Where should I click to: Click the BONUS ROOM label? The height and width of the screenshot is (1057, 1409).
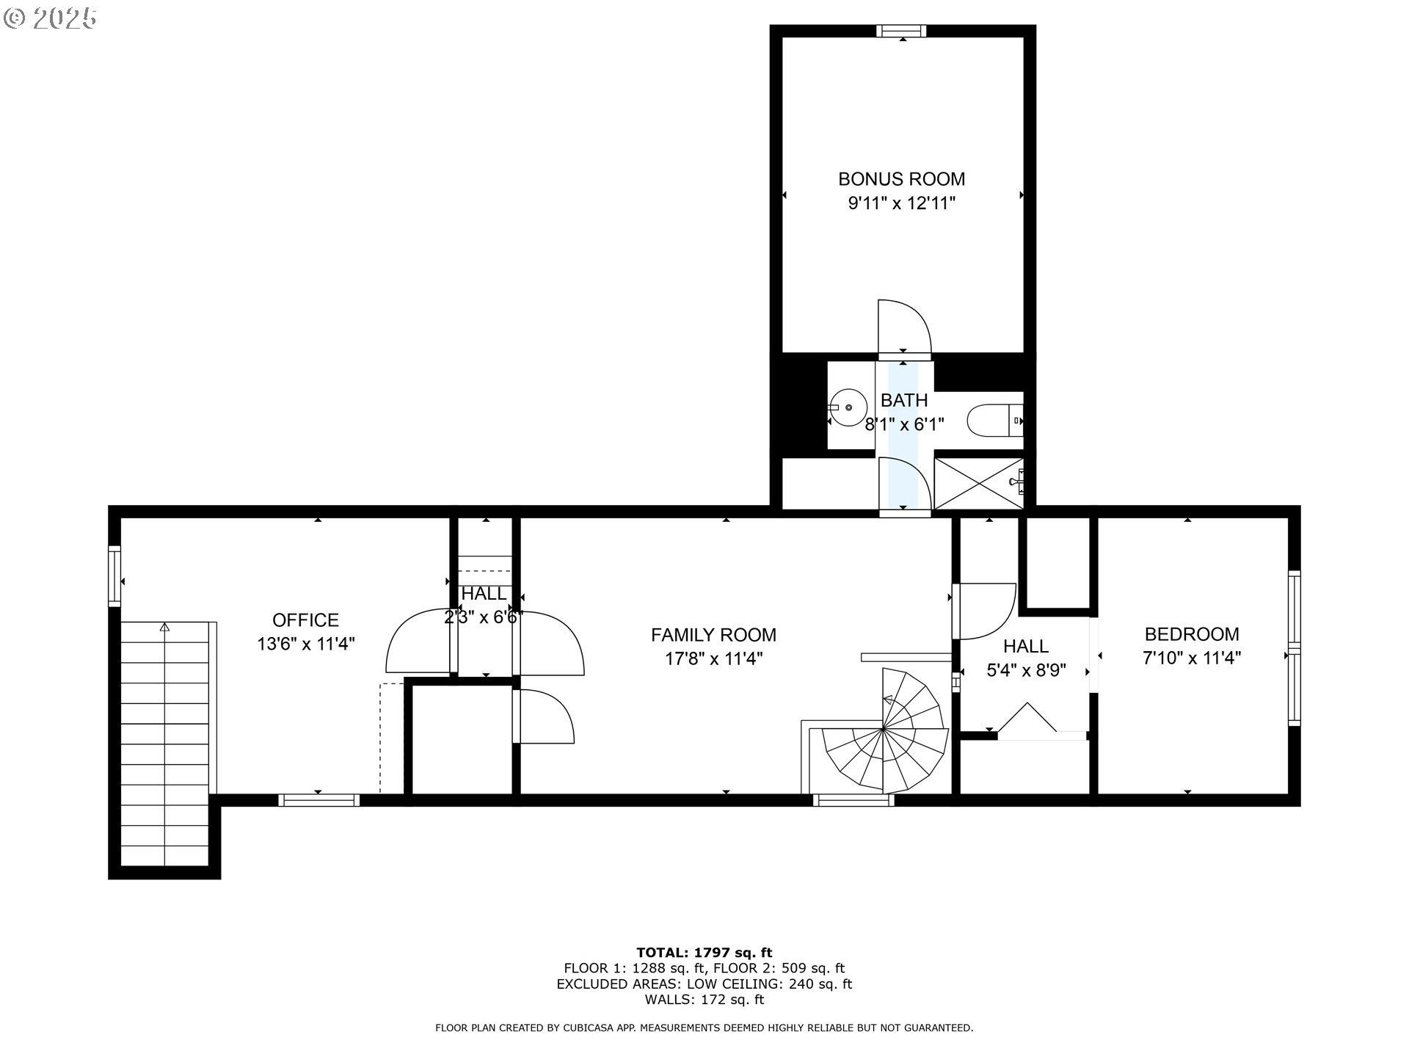coord(901,179)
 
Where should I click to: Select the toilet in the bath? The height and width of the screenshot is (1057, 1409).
coord(995,421)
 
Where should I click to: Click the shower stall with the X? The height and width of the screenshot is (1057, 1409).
coord(978,483)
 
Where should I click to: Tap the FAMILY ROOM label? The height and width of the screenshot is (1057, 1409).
coord(713,635)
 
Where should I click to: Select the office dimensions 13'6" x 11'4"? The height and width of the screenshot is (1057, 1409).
coord(306,644)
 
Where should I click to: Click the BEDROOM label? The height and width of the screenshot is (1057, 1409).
coord(1192,634)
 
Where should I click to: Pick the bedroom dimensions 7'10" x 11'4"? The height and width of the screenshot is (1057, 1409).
coord(1192,658)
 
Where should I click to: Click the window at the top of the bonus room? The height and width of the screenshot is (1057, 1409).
coord(902,31)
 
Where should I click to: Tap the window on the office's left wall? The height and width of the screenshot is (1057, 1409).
coord(114,576)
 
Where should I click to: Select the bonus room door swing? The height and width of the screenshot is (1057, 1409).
coord(904,327)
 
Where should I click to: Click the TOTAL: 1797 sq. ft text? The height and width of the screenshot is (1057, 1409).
coord(704,953)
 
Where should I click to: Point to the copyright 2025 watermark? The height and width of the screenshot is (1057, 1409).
coord(50,18)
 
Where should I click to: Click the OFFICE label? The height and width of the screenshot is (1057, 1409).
coord(305,620)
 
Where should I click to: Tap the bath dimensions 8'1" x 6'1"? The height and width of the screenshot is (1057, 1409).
coord(904,424)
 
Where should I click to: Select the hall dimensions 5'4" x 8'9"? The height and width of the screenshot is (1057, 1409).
coord(1026,670)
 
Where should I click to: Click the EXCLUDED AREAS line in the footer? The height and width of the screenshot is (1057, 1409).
coord(704,984)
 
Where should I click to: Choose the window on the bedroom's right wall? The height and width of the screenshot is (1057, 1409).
coord(1294,649)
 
